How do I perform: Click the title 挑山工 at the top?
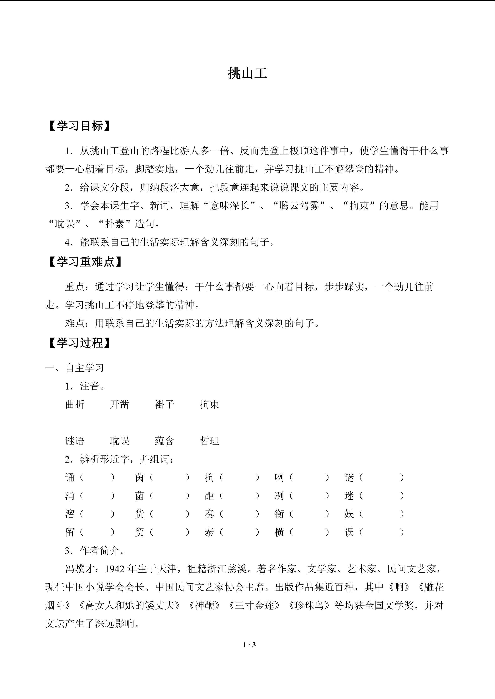pos(247,74)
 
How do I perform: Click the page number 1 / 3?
pos(249,645)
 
